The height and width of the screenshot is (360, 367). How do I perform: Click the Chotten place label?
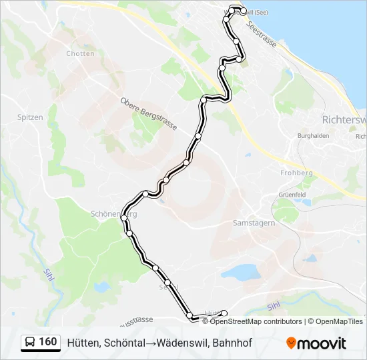[81, 54]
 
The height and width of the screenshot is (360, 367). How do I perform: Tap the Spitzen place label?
[30, 117]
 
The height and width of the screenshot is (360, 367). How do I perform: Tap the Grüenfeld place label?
[292, 195]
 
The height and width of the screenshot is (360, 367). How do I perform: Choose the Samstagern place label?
[254, 223]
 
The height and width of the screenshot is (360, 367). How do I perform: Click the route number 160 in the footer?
[47, 342]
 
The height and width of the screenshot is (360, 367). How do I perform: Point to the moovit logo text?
[321, 343]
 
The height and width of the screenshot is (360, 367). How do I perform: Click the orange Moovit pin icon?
[290, 343]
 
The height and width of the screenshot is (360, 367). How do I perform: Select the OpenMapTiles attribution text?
[340, 321]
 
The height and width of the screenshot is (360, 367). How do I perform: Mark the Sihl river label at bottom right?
[274, 307]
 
